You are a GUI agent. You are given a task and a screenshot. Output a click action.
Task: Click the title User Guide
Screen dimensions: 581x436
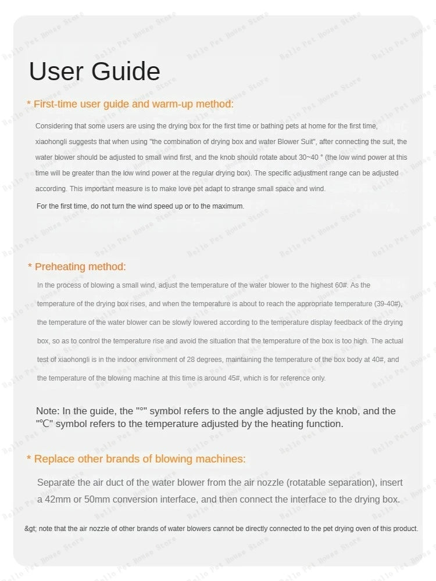(x=94, y=71)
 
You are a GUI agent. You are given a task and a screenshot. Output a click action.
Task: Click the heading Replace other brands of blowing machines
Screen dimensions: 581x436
(x=140, y=459)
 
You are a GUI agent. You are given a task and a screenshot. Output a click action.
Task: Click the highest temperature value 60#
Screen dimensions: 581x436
(x=340, y=285)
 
